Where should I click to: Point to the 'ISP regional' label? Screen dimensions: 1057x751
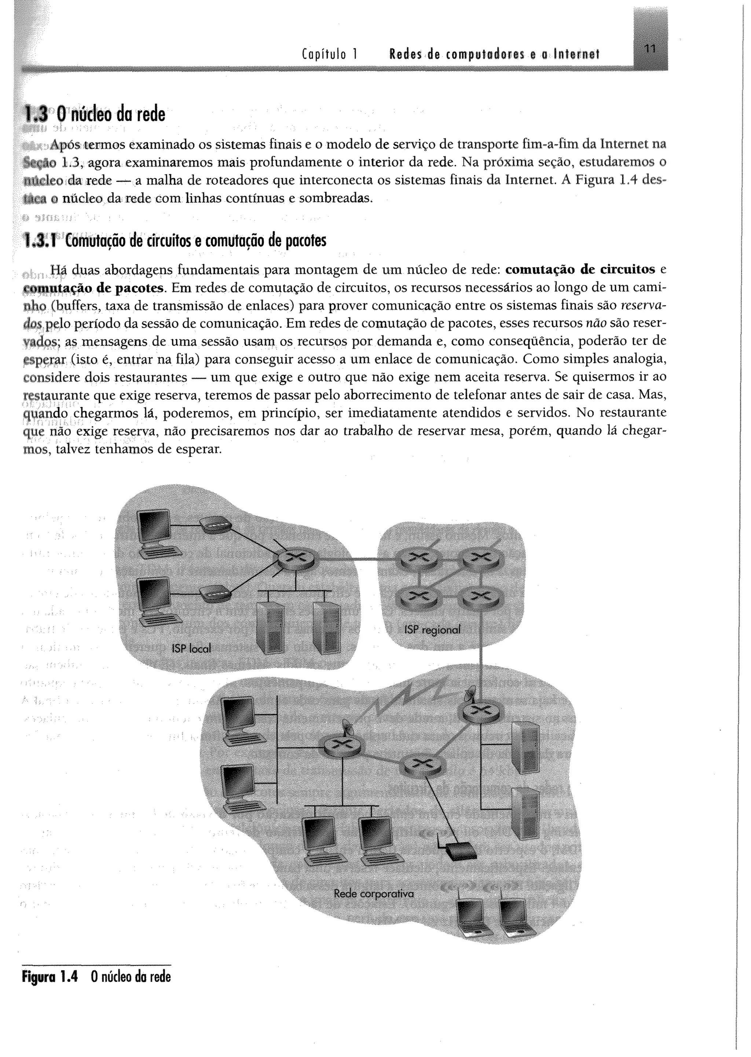(432, 630)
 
